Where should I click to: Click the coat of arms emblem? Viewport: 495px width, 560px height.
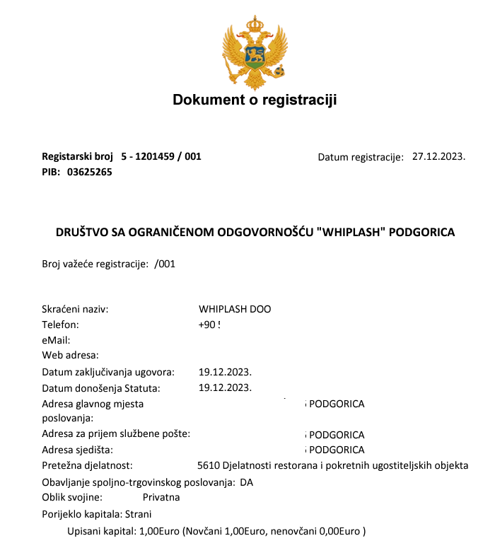click(255, 50)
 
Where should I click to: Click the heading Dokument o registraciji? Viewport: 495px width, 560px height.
click(255, 100)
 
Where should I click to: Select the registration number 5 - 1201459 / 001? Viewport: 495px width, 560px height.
click(161, 156)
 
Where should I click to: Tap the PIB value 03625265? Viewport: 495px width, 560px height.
click(90, 171)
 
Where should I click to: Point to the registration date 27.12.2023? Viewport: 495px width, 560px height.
click(438, 156)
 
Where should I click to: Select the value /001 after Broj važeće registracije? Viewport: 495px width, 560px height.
click(164, 264)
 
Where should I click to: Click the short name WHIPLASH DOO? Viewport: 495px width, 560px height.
click(235, 309)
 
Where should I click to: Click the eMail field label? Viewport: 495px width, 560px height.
click(56, 340)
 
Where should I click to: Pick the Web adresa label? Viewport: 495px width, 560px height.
click(71, 355)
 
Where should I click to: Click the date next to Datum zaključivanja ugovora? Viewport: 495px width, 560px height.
click(226, 371)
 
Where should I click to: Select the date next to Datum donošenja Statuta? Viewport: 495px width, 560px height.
click(226, 387)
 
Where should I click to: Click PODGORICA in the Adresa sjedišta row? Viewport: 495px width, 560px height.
click(337, 450)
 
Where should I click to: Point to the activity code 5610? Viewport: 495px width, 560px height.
click(209, 465)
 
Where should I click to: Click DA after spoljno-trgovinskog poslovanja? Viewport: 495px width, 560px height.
click(246, 482)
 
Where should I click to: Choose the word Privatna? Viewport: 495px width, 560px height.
click(161, 497)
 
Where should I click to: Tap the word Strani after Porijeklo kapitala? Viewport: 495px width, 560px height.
click(138, 514)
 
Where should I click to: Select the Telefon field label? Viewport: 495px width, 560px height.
click(61, 325)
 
